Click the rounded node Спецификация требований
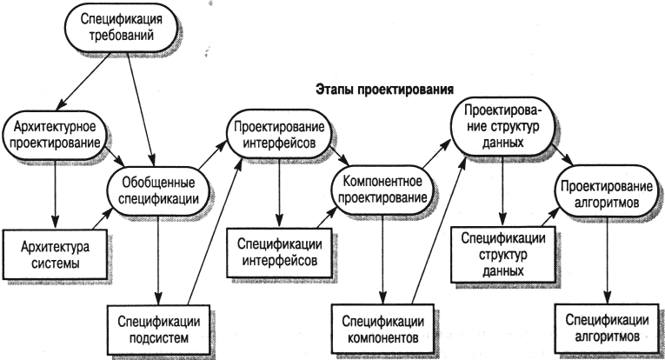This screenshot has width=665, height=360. point(121,28)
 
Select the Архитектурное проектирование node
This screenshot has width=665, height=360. point(55,136)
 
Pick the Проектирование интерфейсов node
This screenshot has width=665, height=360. point(279,135)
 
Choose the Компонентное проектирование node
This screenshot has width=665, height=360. point(383,190)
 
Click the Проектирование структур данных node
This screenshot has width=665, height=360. point(502,126)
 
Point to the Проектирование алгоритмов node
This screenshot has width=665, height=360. point(607,194)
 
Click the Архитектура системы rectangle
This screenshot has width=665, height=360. point(55,255)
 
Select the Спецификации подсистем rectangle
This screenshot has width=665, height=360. point(158,330)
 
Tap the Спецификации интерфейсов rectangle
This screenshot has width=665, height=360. point(279,253)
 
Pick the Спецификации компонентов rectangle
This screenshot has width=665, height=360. point(383,329)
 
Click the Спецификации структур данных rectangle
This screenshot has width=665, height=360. point(502,255)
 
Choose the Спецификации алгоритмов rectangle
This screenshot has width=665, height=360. point(607,328)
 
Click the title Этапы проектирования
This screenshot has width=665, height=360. point(385,90)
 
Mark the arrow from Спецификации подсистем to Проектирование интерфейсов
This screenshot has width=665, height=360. point(215,232)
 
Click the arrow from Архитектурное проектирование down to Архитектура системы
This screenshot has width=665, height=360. point(55,194)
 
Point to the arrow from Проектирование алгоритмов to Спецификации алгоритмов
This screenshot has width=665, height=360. point(607,260)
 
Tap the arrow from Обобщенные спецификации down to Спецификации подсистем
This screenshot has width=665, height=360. point(158,259)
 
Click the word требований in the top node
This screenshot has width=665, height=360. point(122,36)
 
